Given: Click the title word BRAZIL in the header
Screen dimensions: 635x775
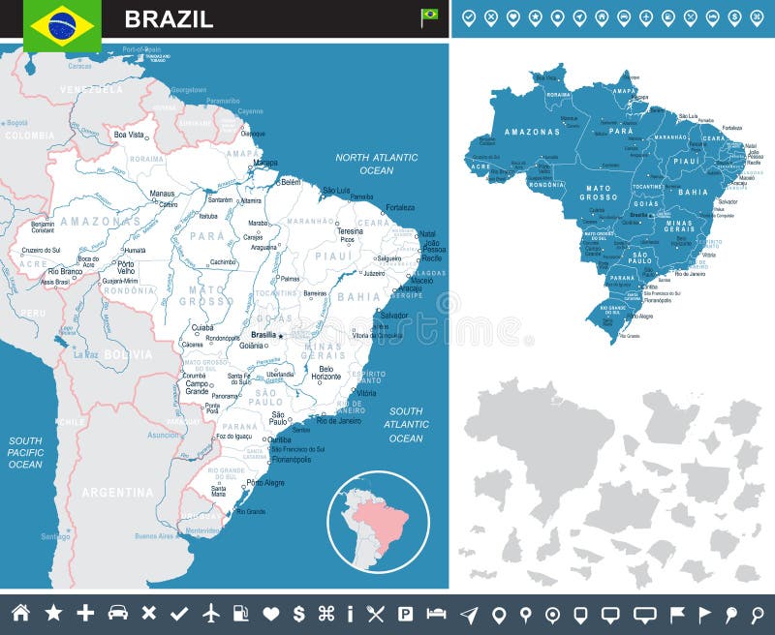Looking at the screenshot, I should click(169, 19).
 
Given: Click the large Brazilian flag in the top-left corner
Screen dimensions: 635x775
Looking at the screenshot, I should click(63, 25).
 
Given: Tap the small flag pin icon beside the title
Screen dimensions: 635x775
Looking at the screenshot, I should click(429, 16).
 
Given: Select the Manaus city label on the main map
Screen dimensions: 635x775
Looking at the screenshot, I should click(162, 194).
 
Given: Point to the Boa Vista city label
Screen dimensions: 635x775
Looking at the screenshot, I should click(129, 136).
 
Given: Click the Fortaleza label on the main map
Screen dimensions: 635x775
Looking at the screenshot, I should click(399, 207).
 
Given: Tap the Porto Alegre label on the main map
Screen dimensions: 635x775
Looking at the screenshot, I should click(266, 482).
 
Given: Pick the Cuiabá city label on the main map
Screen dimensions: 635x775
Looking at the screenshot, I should click(202, 327).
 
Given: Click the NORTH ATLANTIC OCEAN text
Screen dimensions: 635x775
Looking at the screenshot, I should click(377, 164).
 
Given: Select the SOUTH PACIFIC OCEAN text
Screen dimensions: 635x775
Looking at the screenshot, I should click(25, 452).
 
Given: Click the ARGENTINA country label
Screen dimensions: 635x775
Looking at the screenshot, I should click(117, 493).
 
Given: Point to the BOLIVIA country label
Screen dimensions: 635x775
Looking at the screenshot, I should click(128, 354).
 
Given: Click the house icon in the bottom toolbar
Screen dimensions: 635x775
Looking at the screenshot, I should click(20, 613).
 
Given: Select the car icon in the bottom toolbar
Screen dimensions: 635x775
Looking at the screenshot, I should click(118, 613).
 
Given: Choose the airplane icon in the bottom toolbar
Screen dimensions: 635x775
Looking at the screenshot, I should click(212, 613).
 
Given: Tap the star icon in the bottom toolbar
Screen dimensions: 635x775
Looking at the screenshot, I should click(53, 613).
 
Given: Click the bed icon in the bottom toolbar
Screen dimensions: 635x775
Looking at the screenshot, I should click(437, 613).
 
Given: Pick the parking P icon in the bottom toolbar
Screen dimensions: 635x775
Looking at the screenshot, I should click(406, 613).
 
